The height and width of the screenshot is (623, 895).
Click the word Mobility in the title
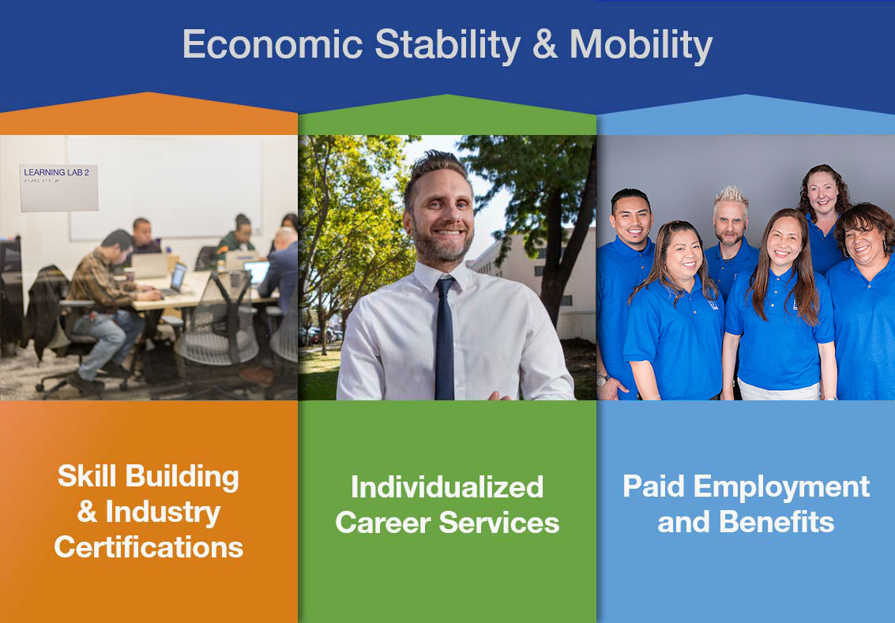(x=641, y=45)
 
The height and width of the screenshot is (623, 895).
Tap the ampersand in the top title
(x=544, y=44)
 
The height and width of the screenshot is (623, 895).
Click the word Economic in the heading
(x=273, y=44)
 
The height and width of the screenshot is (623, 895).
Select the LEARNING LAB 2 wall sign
(x=58, y=188)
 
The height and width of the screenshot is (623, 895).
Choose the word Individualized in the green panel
(x=447, y=486)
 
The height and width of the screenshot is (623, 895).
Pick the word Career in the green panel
(x=382, y=522)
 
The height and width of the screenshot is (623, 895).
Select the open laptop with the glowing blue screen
(x=256, y=272)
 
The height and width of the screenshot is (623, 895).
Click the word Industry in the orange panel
(x=163, y=512)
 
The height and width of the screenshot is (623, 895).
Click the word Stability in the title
(x=447, y=45)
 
